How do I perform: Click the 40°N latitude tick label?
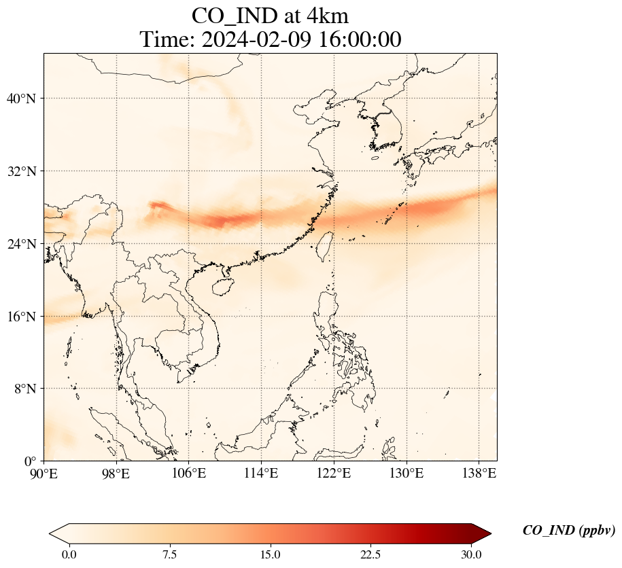pos(21,99)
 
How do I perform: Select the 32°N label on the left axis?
pos(21,171)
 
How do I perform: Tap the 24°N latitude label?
pos(21,244)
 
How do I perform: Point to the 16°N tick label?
pos(21,317)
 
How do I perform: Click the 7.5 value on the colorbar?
pos(169,554)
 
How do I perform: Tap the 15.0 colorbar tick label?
pos(270,554)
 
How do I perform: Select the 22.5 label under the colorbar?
pos(370,554)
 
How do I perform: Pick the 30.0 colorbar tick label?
pos(471,554)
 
